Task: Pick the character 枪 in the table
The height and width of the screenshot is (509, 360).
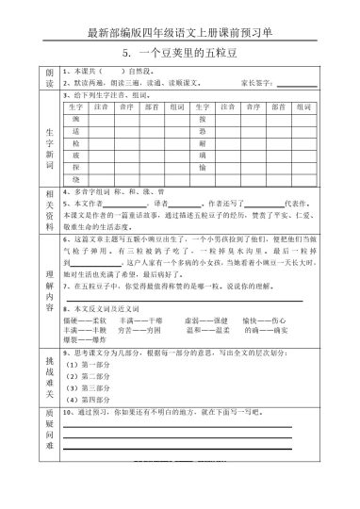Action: tap(76, 142)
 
